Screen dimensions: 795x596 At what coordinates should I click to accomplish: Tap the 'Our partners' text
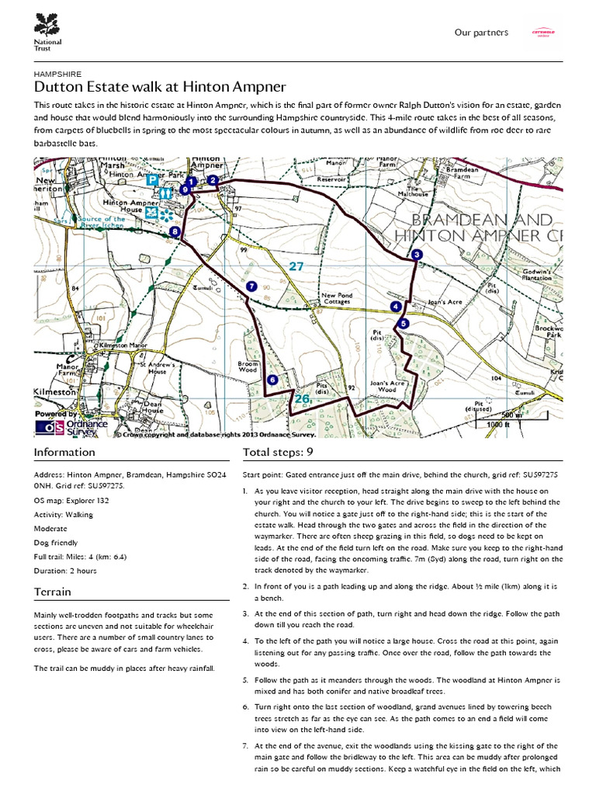click(481, 33)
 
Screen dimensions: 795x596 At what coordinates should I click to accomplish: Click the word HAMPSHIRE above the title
click(58, 74)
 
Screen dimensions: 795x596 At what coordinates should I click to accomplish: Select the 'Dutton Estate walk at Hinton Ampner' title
click(160, 87)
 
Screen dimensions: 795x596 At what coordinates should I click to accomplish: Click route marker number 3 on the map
click(417, 255)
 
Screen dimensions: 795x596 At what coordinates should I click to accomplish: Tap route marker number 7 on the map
click(251, 286)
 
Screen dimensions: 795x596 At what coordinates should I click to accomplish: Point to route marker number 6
click(272, 380)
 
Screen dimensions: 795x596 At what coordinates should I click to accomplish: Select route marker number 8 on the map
click(175, 231)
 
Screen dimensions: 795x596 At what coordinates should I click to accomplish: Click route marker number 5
click(402, 323)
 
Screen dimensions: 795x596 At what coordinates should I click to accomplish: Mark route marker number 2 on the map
click(212, 180)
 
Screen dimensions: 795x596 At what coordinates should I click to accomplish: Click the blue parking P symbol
click(154, 179)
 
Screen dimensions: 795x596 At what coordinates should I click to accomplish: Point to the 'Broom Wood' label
click(248, 366)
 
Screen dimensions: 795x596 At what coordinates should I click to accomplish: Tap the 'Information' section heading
click(65, 452)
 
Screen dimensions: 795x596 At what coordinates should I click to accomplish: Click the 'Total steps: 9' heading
click(278, 452)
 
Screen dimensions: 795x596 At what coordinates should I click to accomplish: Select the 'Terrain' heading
click(53, 592)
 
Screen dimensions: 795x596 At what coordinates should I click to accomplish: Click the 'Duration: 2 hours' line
click(65, 571)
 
